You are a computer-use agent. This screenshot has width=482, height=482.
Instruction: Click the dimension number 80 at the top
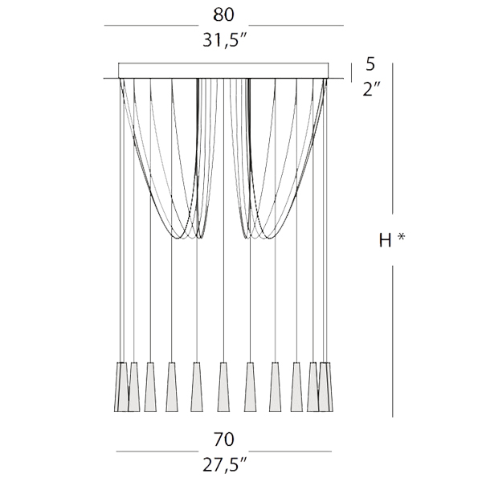pyautogui.click(x=223, y=14)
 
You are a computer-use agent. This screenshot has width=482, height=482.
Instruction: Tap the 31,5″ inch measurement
pyautogui.click(x=225, y=39)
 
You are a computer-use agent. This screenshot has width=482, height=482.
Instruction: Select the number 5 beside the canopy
pyautogui.click(x=370, y=64)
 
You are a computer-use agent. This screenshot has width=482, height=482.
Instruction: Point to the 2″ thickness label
pyautogui.click(x=371, y=89)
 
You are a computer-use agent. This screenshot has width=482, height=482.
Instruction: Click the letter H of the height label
pyautogui.click(x=386, y=240)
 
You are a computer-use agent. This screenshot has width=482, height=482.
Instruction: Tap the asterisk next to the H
pyautogui.click(x=401, y=237)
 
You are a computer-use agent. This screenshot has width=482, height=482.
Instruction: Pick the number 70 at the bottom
pyautogui.click(x=224, y=439)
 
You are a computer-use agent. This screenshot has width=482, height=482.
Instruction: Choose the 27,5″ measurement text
pyautogui.click(x=225, y=464)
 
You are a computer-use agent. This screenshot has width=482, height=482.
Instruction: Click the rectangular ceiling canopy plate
pyautogui.click(x=223, y=71)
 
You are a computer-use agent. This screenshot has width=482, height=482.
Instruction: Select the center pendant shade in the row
pyautogui.click(x=223, y=387)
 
